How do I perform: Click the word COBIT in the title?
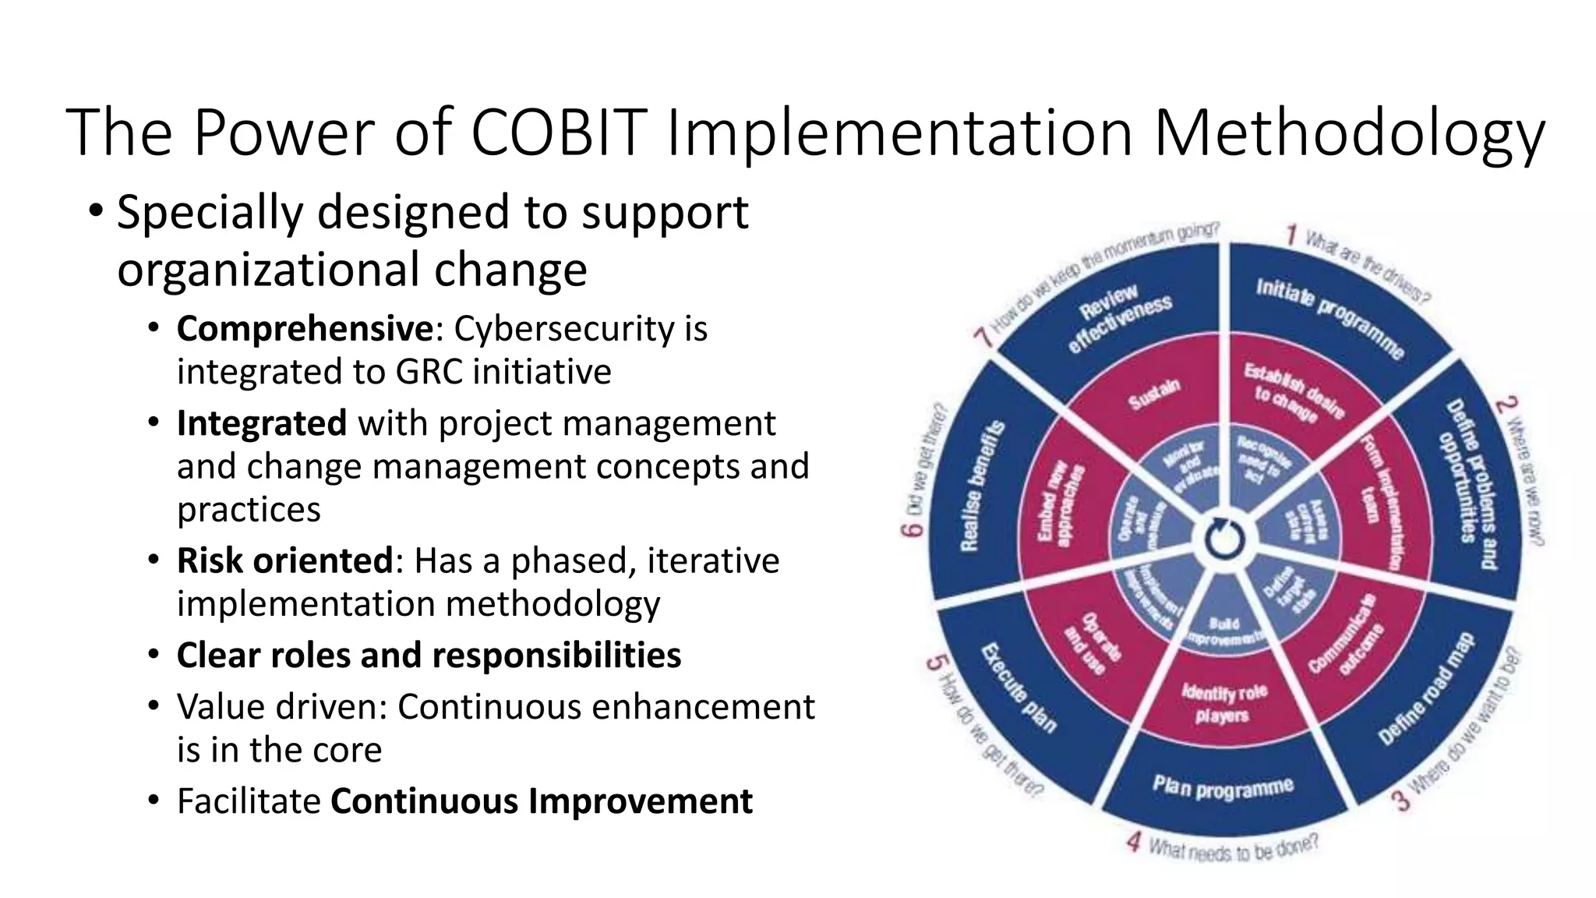tap(558, 133)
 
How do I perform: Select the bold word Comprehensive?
tap(304, 329)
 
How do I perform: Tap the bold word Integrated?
tap(261, 423)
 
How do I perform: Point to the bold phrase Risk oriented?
tap(284, 560)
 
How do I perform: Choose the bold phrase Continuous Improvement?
tap(542, 801)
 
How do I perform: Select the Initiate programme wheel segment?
tap(1329, 318)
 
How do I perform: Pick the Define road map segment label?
tap(1425, 689)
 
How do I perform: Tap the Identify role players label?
tap(1223, 703)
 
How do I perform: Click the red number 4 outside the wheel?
tap(1134, 842)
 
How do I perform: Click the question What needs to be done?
tap(1233, 848)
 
